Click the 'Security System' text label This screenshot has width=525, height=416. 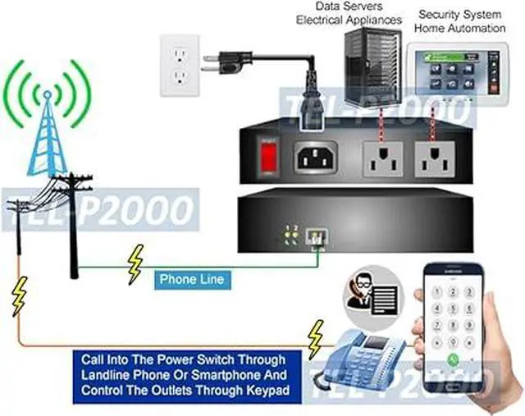tap(459, 15)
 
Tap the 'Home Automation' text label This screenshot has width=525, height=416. tap(459, 28)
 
